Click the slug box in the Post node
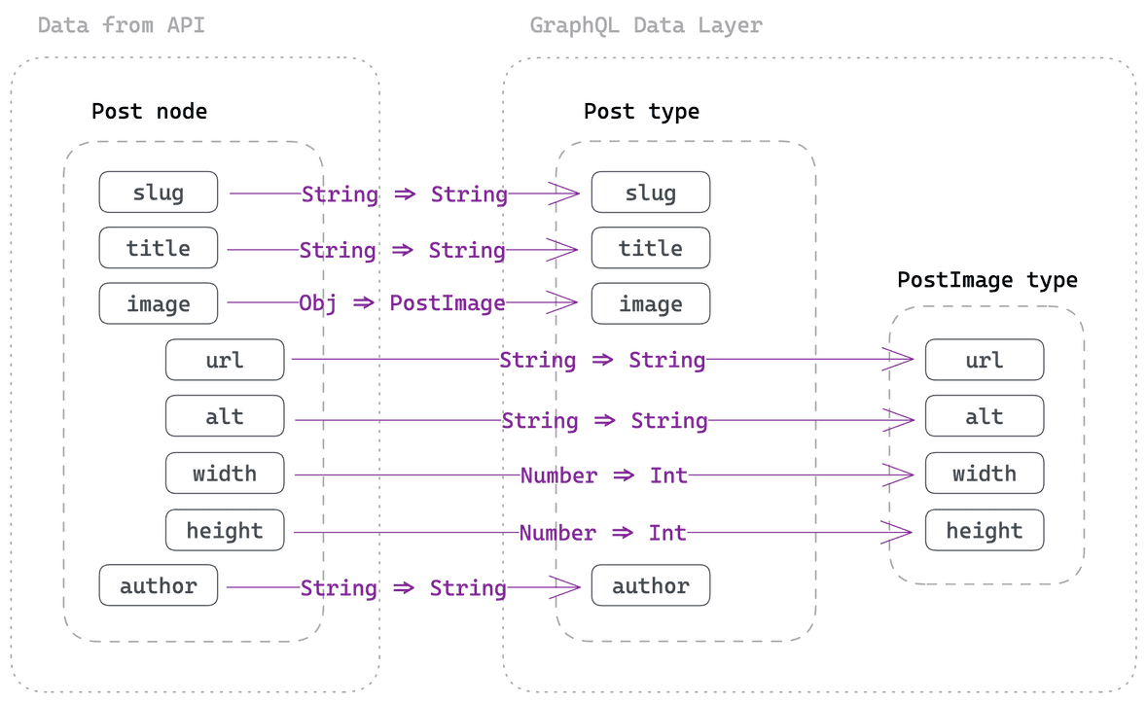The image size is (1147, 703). [x=159, y=193]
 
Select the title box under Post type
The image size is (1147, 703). [x=650, y=249]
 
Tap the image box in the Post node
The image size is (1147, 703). [x=159, y=304]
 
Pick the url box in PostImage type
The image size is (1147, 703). [x=984, y=360]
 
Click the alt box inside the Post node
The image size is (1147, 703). [x=225, y=416]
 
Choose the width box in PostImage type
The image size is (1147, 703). [x=984, y=474]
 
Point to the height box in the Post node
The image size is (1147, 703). [x=225, y=531]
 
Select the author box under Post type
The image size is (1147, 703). [x=650, y=586]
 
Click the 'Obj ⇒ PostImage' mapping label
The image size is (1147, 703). [x=402, y=303]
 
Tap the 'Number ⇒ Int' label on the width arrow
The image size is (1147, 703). [x=603, y=475]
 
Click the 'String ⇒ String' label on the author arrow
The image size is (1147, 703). [x=403, y=588]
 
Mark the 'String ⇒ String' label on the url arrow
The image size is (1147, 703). [x=602, y=361]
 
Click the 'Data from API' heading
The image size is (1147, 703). [x=122, y=25]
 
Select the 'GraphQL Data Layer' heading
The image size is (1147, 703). [x=645, y=25]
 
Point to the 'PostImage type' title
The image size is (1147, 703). [x=986, y=280]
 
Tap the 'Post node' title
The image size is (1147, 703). [x=149, y=111]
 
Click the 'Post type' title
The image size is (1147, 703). [x=641, y=111]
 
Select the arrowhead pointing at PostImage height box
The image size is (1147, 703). [x=898, y=532]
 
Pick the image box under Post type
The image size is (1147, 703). [x=650, y=304]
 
